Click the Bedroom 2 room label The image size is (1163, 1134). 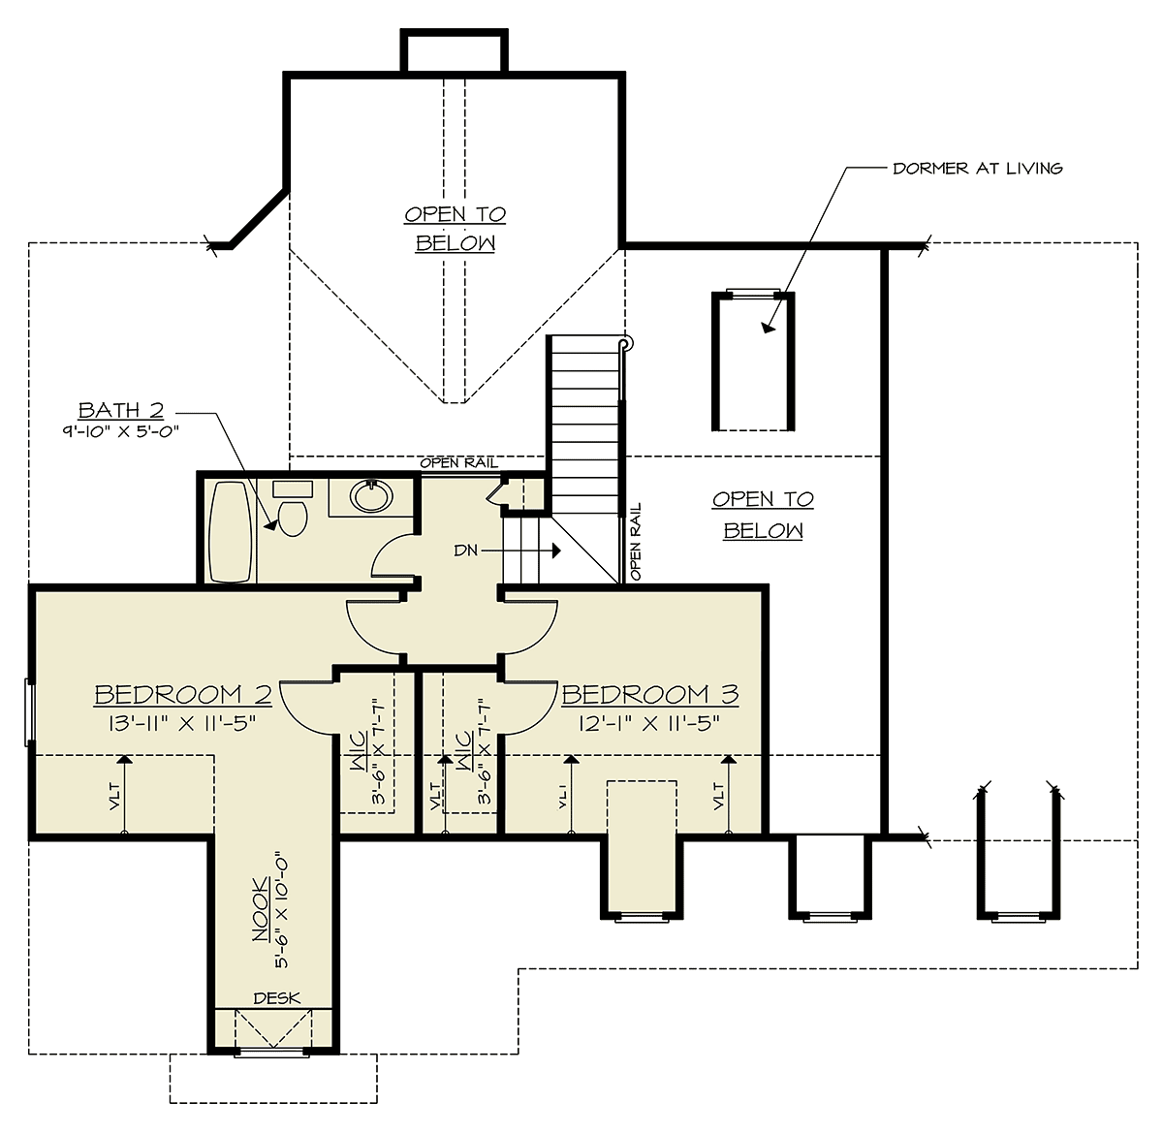pos(183,695)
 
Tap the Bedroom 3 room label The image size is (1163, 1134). pos(650,695)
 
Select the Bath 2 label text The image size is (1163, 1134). pos(121,410)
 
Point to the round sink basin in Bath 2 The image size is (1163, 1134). pos(371,496)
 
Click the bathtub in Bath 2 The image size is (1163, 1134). pos(230,531)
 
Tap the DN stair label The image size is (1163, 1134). pos(466,551)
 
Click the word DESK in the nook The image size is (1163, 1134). pos(277,998)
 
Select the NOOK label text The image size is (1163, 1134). pos(261,910)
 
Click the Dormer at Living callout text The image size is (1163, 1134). pos(978,169)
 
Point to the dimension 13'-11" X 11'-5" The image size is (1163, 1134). pos(182,724)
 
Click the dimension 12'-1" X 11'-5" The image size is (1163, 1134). pos(649,724)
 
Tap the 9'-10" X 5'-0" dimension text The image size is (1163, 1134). pos(121,431)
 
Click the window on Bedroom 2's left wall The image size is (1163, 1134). pos(28,712)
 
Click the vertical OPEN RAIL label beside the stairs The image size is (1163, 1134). pos(635,541)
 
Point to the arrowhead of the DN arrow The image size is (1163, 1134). pos(556,551)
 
